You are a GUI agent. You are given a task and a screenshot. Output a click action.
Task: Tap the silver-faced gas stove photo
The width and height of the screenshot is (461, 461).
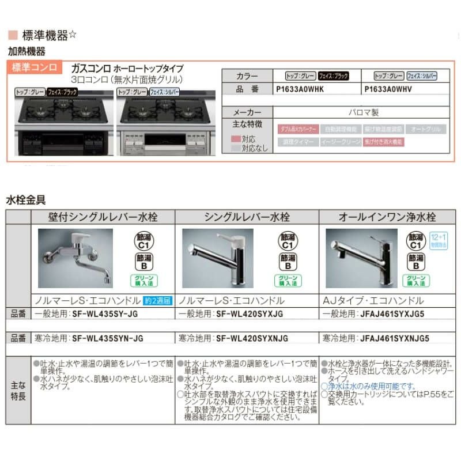[165, 123]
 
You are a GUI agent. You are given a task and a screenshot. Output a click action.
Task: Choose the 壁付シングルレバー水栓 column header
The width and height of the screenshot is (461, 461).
[103, 217]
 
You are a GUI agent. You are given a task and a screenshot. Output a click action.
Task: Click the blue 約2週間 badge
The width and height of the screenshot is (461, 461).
[157, 301]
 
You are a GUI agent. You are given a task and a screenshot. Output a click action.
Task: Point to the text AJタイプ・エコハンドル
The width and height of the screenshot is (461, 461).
[374, 301]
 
